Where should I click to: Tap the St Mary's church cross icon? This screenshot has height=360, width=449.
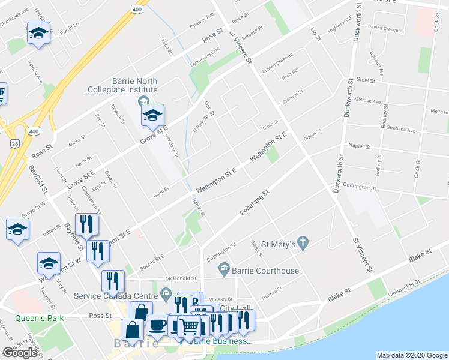(x=304, y=244)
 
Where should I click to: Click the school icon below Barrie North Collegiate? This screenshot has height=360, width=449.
(x=152, y=115)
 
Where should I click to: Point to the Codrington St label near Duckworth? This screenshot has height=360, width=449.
(x=359, y=188)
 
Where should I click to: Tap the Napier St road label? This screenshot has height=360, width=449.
(x=360, y=146)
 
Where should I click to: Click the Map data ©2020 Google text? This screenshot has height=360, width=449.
(x=411, y=355)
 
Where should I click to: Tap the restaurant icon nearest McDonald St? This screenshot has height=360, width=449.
(x=112, y=280)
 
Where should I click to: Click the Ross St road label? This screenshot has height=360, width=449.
(x=96, y=315)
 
